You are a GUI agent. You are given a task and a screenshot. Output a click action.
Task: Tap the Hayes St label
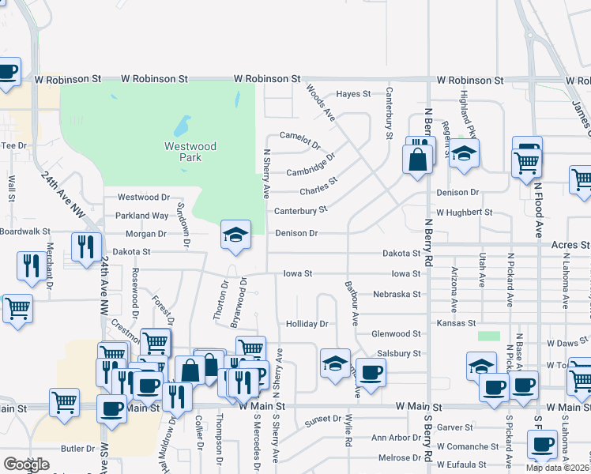[353, 94]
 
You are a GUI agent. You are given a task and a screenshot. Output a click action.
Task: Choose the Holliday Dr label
[307, 324]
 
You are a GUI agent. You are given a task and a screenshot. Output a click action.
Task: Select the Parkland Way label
[142, 215]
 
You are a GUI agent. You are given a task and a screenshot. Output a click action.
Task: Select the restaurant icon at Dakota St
[86, 246]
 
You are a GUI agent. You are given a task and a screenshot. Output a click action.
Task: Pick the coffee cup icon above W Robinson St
[8, 72]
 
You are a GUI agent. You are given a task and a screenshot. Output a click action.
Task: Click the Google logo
[27, 465]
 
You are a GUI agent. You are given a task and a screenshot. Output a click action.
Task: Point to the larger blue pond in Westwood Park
[182, 125]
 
